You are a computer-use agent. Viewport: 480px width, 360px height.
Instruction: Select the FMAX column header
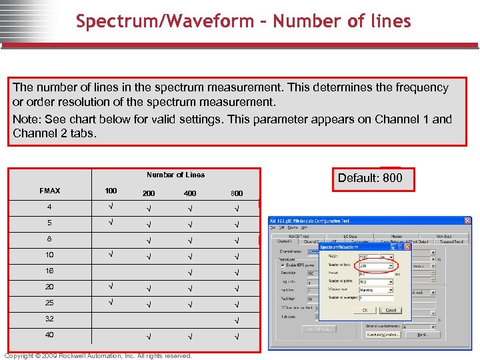[49, 191]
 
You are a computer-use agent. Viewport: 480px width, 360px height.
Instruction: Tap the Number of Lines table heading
[175, 175]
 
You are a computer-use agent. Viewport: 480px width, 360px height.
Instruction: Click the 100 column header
[111, 191]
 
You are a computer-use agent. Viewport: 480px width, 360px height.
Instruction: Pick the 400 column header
[190, 193]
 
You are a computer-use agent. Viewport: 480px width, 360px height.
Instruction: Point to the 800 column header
[237, 193]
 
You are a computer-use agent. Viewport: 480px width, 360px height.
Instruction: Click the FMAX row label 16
[49, 271]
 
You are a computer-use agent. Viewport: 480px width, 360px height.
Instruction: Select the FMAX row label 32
[49, 319]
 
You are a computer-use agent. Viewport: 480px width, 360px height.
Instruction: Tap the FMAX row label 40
[49, 335]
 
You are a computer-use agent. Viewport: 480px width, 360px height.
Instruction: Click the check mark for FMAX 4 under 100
[111, 207]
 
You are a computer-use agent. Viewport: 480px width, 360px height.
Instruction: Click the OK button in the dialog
[364, 310]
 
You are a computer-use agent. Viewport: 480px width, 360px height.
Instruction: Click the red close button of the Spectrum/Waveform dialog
[406, 247]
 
